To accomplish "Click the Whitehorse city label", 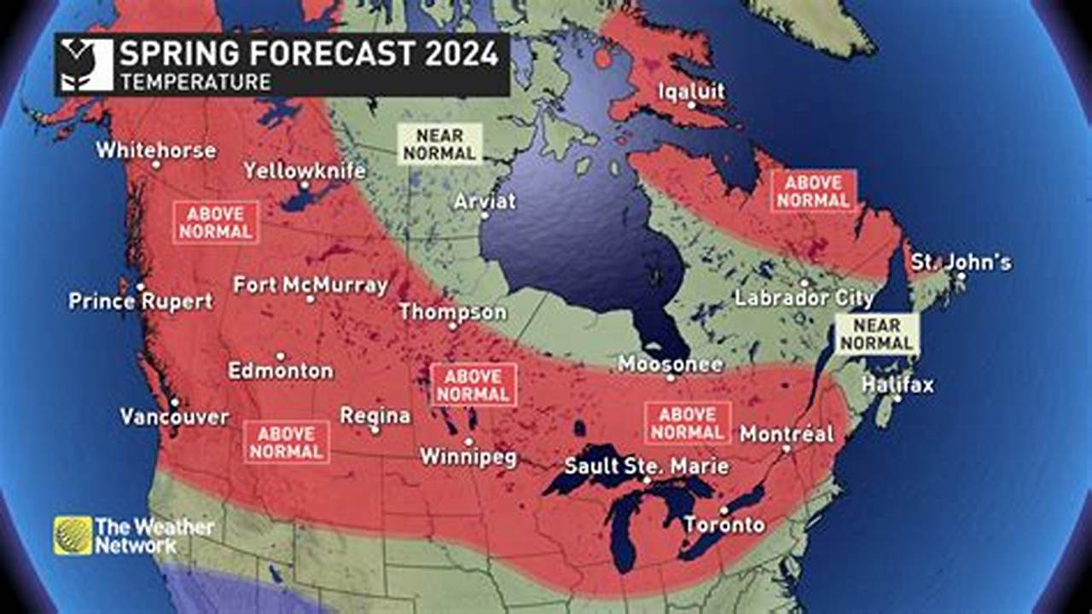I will pyautogui.click(x=155, y=150).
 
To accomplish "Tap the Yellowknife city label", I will pyautogui.click(x=305, y=171).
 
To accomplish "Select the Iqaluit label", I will pyautogui.click(x=692, y=91).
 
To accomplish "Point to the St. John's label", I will pyautogui.click(x=961, y=262).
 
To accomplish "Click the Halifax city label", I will pyautogui.click(x=897, y=385).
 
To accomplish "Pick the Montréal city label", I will pyautogui.click(x=787, y=433).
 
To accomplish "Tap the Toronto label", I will pyautogui.click(x=724, y=524).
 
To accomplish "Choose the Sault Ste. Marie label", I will pyautogui.click(x=647, y=466).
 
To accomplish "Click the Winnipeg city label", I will pyautogui.click(x=468, y=457).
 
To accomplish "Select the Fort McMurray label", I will pyautogui.click(x=311, y=284).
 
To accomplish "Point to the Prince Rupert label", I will pyautogui.click(x=141, y=301).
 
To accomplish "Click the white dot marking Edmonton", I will pyautogui.click(x=280, y=356).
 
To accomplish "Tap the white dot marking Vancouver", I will pyautogui.click(x=173, y=403).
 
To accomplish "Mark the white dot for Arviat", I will pyautogui.click(x=484, y=216).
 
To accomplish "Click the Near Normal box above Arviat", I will pyautogui.click(x=439, y=144).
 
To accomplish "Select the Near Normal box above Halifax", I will pyautogui.click(x=877, y=334).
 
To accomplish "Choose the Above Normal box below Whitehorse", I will pyautogui.click(x=216, y=223).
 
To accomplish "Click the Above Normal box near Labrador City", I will pyautogui.click(x=813, y=191).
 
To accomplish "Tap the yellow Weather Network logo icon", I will pyautogui.click(x=73, y=536).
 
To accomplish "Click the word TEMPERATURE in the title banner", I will pyautogui.click(x=195, y=82).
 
